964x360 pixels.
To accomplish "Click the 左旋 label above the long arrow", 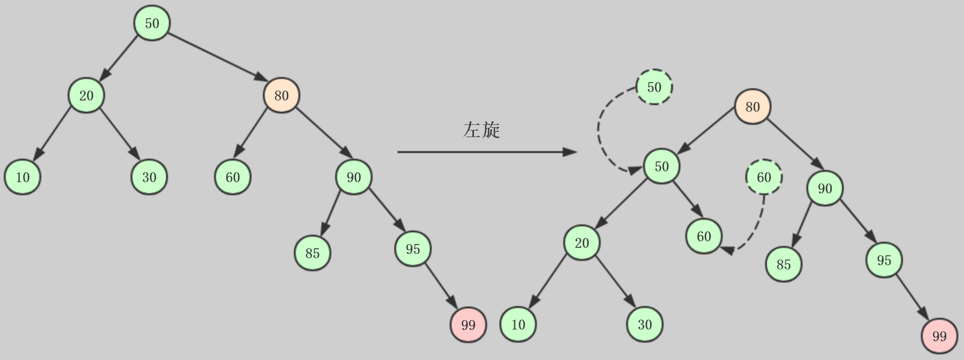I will (482, 130).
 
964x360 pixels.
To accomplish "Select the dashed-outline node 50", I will (654, 87).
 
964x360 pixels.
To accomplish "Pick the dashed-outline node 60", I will (764, 177).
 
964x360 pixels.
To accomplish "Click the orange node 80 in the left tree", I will (281, 96).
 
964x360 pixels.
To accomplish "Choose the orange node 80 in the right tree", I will (752, 107).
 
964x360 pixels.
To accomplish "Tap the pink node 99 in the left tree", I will (468, 325).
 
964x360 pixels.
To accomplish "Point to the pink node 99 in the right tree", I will (939, 336).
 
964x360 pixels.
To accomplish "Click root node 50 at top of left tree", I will (152, 23).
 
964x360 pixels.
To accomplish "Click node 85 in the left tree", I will (312, 253).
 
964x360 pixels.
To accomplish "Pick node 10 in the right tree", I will (518, 324).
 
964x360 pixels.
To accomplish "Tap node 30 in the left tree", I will (149, 177).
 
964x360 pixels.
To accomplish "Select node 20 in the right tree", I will (581, 243).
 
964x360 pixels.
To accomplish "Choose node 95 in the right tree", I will (884, 260).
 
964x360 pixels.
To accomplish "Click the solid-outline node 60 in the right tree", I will (704, 237).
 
